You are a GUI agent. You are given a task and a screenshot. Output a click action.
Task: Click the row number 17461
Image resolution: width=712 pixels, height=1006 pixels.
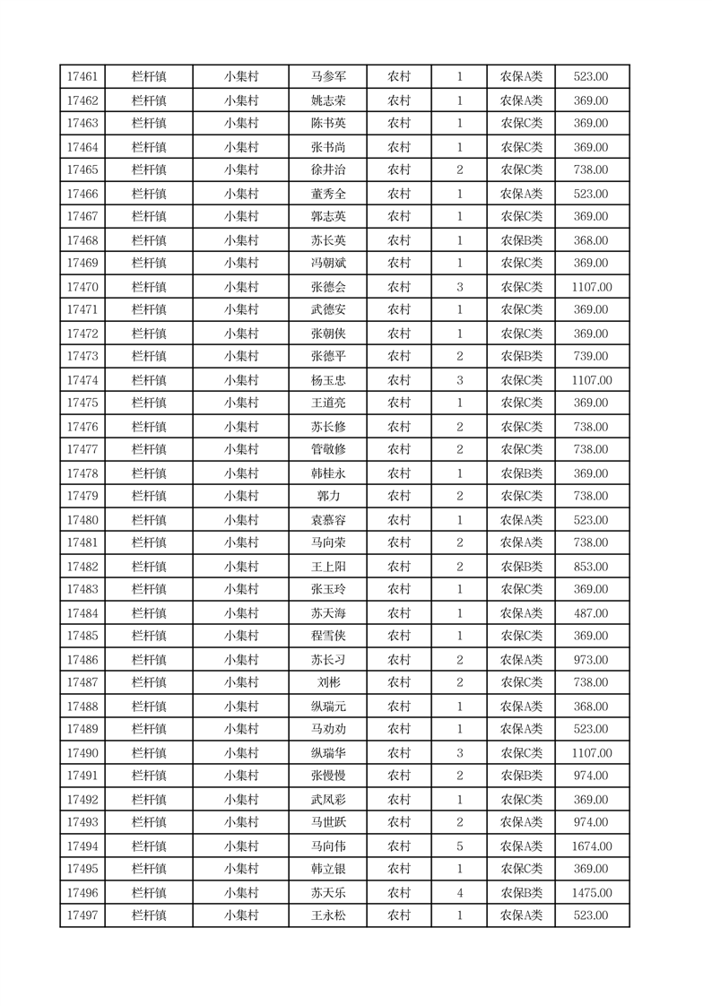point(82,77)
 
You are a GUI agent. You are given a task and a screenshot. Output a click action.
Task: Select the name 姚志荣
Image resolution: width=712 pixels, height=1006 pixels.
point(327,100)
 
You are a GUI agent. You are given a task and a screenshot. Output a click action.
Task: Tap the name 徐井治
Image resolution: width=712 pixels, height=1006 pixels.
point(327,170)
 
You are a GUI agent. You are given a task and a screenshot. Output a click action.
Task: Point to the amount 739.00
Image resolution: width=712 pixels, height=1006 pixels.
point(591,357)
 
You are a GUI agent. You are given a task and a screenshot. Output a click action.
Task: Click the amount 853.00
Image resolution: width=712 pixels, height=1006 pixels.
point(591,567)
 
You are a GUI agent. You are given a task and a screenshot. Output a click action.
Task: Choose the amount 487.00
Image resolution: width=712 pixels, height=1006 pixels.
point(591,613)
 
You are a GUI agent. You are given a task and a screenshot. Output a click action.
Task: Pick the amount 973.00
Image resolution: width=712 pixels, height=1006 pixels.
point(591,660)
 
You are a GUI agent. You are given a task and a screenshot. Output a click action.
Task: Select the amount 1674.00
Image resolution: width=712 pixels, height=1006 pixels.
point(591,846)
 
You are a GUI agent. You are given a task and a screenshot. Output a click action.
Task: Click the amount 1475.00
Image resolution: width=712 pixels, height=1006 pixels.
point(591,893)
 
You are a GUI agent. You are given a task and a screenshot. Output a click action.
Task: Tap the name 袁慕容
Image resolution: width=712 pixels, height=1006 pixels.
point(327,520)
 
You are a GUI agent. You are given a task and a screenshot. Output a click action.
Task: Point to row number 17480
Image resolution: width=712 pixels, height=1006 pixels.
point(82,520)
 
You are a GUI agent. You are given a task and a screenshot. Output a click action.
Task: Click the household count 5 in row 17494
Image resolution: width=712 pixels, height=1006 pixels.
point(460,846)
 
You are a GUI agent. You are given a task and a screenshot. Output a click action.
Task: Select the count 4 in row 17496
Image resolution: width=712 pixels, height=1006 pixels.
point(460,893)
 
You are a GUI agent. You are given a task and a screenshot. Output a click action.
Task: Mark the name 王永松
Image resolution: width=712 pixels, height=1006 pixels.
point(327,915)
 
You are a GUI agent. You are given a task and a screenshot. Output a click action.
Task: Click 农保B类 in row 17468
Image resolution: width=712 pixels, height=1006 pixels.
point(521,240)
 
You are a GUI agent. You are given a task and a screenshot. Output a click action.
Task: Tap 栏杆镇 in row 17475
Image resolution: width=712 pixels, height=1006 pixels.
point(149,403)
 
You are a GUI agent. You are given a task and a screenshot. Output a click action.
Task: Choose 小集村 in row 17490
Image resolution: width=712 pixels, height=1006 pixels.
point(241,753)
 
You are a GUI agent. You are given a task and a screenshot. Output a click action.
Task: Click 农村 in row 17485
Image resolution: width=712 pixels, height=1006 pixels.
point(399,637)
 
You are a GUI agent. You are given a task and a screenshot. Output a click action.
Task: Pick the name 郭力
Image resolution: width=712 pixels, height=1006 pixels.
point(327,497)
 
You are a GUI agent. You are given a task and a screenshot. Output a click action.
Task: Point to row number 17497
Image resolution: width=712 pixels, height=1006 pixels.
point(82,915)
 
